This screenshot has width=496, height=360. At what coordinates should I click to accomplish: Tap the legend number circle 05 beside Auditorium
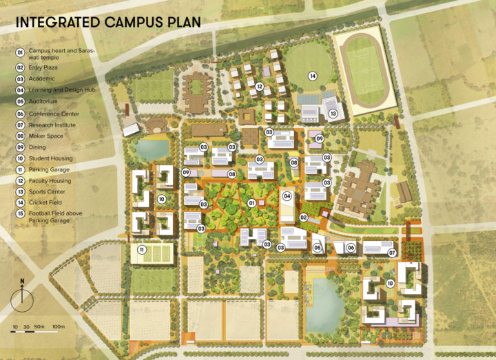point(21,101)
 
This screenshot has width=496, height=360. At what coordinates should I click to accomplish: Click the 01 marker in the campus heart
point(252,203)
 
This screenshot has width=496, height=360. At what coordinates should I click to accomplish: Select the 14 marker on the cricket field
point(313,76)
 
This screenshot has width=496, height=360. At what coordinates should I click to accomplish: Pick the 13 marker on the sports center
point(333,114)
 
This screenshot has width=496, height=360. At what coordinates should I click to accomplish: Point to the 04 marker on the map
point(288,196)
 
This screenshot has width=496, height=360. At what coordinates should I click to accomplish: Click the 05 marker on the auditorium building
point(318,247)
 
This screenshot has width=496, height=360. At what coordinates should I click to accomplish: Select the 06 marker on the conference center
point(351,247)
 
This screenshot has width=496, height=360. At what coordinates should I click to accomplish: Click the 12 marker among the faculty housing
point(260,87)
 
